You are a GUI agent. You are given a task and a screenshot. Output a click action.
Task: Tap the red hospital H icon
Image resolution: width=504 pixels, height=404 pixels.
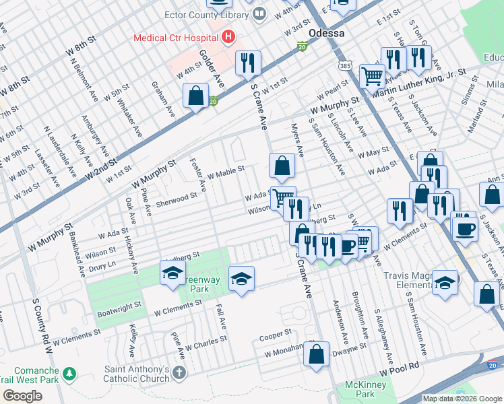[228, 37]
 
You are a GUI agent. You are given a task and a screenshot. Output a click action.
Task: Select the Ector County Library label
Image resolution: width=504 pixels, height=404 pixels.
[207, 14]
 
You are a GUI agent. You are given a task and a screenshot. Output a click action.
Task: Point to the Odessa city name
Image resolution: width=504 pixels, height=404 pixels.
[326, 33]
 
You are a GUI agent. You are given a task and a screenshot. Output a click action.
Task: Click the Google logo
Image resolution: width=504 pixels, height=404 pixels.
[22, 395]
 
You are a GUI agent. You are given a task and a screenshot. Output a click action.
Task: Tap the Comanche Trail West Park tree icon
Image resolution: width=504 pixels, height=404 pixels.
[68, 373]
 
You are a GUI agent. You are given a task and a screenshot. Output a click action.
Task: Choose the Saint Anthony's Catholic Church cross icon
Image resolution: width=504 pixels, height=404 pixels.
[179, 372]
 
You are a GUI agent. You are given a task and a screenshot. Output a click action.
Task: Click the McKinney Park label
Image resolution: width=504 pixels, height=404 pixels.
[359, 389]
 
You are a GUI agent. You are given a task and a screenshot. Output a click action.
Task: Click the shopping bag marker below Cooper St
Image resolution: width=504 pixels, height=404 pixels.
[315, 354]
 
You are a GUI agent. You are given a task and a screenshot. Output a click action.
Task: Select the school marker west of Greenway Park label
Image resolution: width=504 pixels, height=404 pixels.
[172, 273]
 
